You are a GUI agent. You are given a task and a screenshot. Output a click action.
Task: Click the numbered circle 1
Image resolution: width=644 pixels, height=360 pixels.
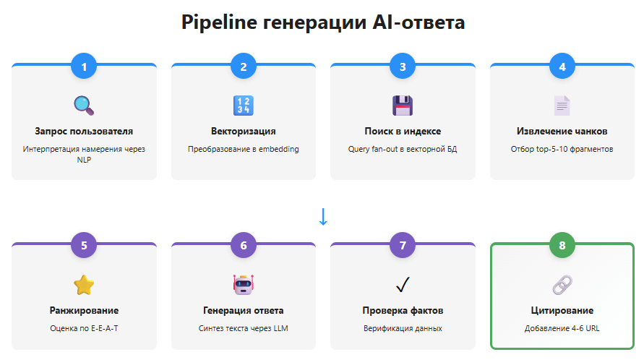[84, 67]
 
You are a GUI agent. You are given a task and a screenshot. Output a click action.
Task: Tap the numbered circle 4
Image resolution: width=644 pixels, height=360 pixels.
[562, 67]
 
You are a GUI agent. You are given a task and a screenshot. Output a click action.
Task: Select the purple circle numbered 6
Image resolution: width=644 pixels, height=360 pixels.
[244, 245]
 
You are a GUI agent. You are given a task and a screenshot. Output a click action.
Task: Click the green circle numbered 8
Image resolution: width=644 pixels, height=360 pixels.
[562, 245]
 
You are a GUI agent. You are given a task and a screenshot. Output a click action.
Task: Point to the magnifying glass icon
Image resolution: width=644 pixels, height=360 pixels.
[84, 106]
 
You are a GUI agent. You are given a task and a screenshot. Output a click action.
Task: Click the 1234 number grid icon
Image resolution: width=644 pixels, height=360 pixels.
[244, 106]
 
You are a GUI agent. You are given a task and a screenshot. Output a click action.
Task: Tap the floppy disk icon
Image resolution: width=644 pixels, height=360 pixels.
[403, 106]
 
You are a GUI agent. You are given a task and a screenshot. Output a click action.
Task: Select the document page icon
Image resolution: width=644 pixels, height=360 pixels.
[562, 106]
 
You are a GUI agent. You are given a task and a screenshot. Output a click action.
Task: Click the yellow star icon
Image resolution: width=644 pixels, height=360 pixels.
[84, 285]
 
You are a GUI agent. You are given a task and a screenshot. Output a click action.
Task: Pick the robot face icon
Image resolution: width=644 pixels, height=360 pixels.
[244, 285]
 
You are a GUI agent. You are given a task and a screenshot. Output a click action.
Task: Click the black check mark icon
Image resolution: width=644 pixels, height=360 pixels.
[403, 285]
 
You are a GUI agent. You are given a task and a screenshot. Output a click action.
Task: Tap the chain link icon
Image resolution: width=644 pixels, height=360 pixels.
[562, 285]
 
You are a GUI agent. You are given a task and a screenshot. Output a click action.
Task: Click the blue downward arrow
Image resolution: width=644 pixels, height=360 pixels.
[323, 216]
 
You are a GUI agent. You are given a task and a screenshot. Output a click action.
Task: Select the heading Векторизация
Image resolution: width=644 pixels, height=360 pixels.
[244, 131]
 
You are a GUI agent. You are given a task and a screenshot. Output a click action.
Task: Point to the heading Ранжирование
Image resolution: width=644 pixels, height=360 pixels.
[84, 310]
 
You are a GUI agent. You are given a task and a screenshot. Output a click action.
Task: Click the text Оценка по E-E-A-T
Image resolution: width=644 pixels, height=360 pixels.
[84, 328]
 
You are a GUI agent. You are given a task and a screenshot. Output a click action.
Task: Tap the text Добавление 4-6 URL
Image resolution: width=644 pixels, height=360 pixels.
[562, 328]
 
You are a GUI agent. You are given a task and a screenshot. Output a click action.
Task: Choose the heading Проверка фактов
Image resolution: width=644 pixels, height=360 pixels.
[403, 310]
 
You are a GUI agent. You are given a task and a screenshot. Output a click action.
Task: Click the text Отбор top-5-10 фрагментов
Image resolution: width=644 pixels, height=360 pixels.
[562, 149]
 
